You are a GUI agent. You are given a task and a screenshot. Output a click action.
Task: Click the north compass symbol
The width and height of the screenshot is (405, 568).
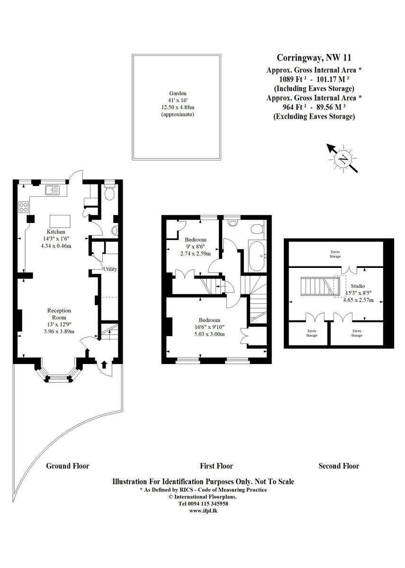click(342, 159)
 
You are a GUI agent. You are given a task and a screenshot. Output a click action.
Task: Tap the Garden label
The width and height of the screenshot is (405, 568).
click(178, 93)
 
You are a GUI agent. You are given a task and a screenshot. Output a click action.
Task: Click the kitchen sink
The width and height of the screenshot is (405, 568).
click(51, 190)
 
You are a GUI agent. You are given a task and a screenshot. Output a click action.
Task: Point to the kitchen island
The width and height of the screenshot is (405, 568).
click(60, 221)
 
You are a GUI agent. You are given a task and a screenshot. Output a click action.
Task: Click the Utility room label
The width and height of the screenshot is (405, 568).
click(110, 269)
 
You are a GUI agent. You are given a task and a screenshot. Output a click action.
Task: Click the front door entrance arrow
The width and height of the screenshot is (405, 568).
click(104, 364)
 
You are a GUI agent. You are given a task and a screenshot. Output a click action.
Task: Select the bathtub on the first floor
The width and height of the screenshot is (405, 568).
click(258, 256)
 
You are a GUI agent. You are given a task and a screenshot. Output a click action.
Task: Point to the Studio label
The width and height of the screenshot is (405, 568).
click(358, 286)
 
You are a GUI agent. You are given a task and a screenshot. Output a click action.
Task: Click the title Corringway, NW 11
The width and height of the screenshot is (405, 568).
click(314, 58)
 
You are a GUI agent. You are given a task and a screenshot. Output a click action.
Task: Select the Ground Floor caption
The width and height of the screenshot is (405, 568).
click(67, 466)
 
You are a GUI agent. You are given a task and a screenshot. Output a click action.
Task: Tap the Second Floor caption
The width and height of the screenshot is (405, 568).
click(339, 466)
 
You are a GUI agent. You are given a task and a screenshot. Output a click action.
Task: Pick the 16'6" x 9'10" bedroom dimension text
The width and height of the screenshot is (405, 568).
click(209, 327)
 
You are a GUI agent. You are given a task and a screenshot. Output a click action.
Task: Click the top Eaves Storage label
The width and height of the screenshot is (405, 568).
click(335, 254)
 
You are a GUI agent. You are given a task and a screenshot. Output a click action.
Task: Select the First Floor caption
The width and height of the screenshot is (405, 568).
click(216, 466)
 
